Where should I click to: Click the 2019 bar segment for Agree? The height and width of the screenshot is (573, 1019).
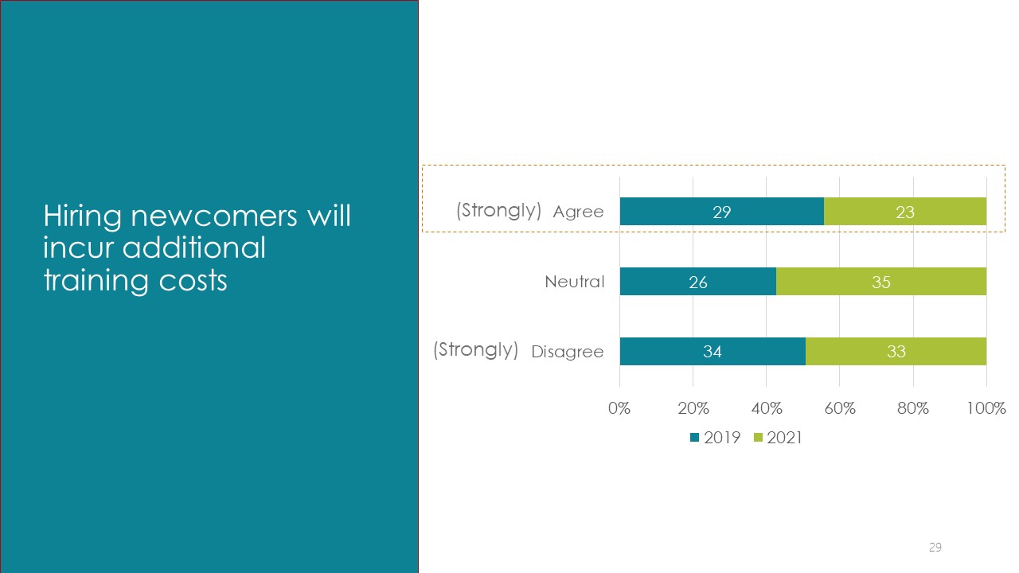tap(722, 212)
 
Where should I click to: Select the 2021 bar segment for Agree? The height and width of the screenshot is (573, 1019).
tap(905, 212)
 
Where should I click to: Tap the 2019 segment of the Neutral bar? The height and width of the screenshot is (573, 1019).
tap(698, 282)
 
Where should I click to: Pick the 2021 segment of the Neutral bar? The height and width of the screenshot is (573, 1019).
tap(881, 282)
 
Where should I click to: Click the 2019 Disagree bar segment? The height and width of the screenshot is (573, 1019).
tap(713, 351)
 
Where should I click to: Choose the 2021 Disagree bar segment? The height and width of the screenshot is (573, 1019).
tap(896, 351)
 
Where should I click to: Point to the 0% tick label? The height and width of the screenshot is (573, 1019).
tap(619, 408)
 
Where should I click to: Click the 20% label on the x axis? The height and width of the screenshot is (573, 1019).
tap(693, 408)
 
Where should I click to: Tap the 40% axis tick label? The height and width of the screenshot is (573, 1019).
tap(767, 408)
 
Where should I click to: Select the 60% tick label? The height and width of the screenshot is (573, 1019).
tap(840, 408)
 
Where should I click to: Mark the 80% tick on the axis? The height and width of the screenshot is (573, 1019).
tap(913, 408)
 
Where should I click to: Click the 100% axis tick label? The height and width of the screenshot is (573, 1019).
tap(986, 408)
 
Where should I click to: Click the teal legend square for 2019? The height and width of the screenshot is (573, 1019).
tap(695, 438)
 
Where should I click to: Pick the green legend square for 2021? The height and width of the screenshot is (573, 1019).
tap(758, 438)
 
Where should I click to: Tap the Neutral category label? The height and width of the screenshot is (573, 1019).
tap(575, 282)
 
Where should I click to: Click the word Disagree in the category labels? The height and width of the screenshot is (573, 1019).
tap(568, 352)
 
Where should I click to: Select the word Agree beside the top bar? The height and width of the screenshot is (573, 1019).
tap(578, 212)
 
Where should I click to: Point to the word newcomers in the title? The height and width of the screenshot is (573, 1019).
tap(214, 216)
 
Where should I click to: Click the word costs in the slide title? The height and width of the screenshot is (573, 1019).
tap(193, 281)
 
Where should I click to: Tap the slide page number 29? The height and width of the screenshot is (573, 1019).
tap(935, 547)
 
